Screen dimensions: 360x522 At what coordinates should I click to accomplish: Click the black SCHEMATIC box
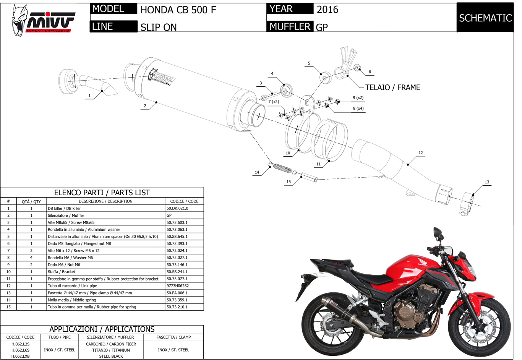point(485,18)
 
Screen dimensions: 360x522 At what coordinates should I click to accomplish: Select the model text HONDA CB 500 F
point(178,10)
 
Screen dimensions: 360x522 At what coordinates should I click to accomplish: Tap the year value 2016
point(327,10)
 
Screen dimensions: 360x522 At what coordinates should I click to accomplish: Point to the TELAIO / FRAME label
point(392,88)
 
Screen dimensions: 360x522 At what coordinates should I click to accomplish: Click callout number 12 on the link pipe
point(420,153)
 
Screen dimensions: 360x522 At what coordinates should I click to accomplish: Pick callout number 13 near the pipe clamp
point(487,182)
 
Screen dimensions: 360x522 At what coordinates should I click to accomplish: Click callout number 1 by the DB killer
point(89,96)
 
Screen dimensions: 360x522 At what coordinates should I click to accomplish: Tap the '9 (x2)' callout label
point(358,98)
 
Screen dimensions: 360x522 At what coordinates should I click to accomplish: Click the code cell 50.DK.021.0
point(177,209)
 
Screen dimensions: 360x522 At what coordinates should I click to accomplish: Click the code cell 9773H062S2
point(178,286)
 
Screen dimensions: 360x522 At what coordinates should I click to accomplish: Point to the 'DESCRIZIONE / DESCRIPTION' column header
point(105,201)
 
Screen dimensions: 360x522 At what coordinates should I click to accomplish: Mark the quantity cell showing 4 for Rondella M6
point(31,258)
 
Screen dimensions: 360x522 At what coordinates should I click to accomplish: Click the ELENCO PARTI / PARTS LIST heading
point(102,193)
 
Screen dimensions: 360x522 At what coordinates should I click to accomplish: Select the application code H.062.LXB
point(20,356)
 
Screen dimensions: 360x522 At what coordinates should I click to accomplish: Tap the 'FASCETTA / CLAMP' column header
point(173,337)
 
